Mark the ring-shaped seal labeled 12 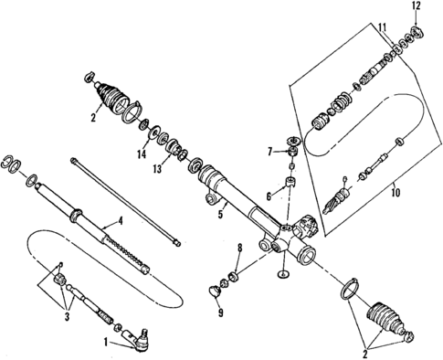[x=417, y=34]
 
